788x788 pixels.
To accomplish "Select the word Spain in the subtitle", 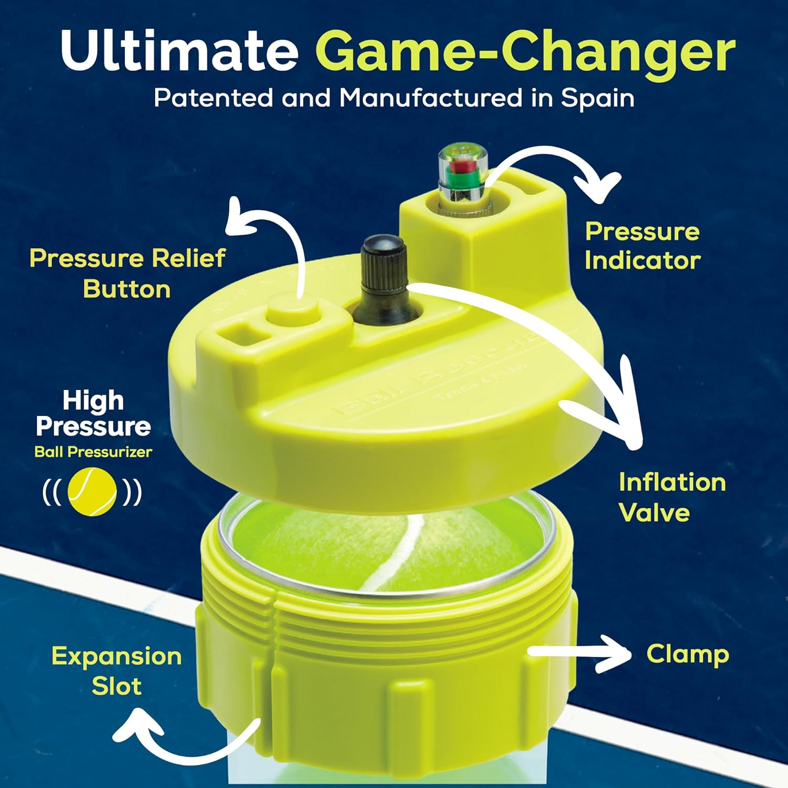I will click(x=598, y=98).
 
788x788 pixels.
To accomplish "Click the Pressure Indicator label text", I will click(x=642, y=246).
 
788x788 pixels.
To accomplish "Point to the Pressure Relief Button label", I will click(x=127, y=273).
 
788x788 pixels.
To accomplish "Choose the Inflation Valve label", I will click(x=671, y=497).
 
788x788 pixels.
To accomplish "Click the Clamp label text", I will click(x=687, y=655).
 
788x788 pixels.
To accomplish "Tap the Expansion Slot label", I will click(x=117, y=671).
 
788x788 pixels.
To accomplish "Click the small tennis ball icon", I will click(x=92, y=492).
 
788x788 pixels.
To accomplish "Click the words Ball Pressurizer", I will click(x=93, y=452).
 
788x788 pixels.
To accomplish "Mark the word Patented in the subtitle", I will click(x=213, y=98).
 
